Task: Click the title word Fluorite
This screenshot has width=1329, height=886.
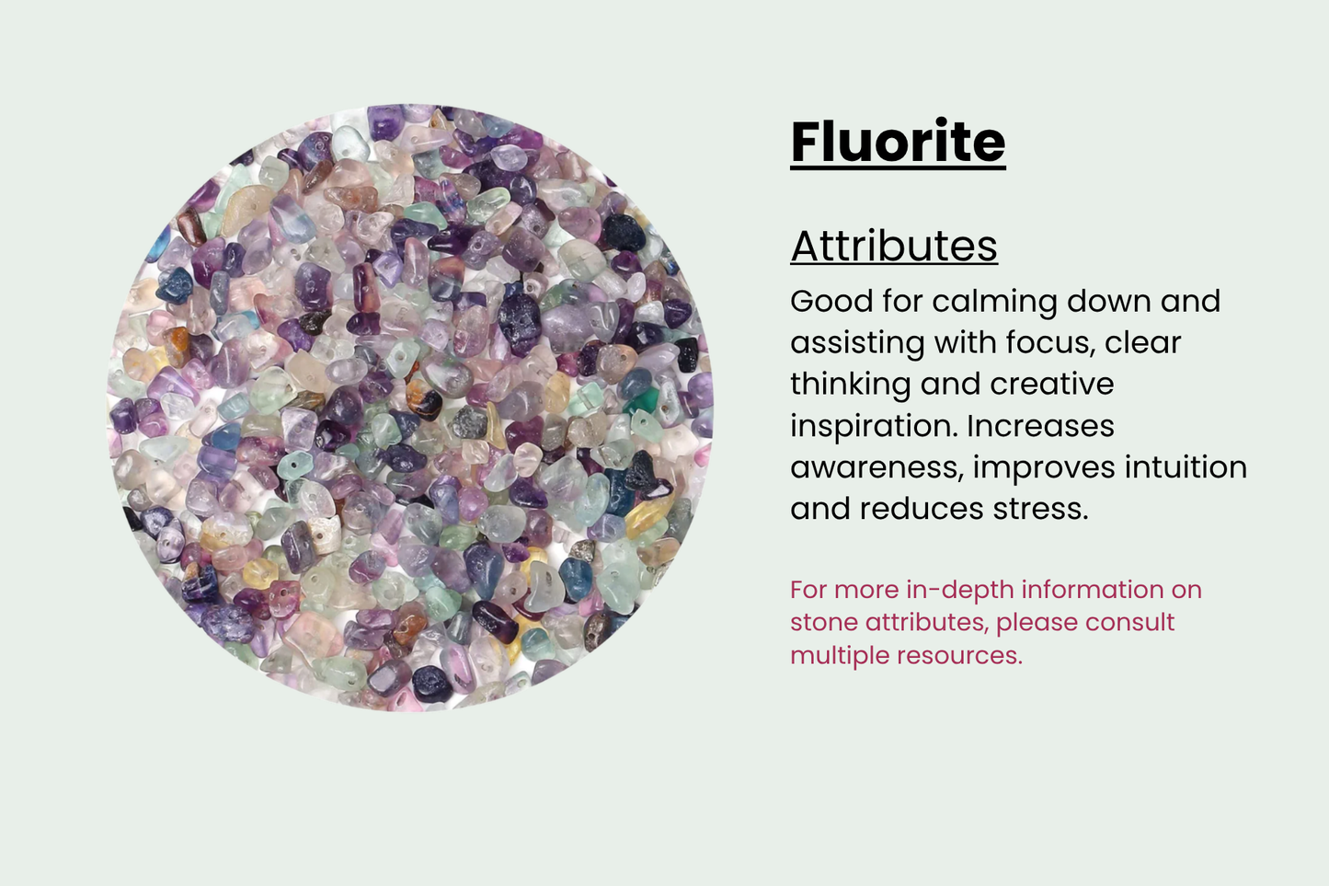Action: (x=898, y=142)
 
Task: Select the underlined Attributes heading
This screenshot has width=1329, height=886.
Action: (x=894, y=247)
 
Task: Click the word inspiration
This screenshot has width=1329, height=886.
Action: (x=872, y=426)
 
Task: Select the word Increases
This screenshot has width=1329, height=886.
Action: (x=1040, y=426)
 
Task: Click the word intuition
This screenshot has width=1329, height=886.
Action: (x=1186, y=467)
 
